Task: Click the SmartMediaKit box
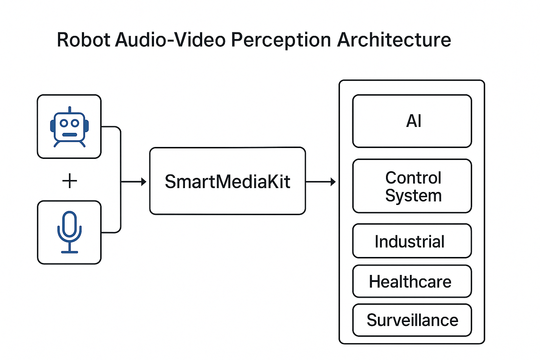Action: pos(227,181)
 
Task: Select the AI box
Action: pos(412,121)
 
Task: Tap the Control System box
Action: pos(412,186)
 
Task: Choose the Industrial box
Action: pos(412,241)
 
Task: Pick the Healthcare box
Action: pos(412,282)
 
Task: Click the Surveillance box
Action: pos(412,320)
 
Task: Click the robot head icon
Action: pos(69,127)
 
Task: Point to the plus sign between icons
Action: pos(69,181)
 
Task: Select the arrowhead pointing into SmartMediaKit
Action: pos(143,182)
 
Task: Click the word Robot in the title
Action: pos(84,40)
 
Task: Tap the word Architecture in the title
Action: pos(394,40)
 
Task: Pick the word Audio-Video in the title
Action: pos(171,40)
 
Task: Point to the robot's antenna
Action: pos(70,110)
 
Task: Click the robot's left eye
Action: pos(64,123)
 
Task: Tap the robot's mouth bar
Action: pos(70,135)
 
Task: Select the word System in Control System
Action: pos(413,195)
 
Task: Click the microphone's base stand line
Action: pos(70,252)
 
